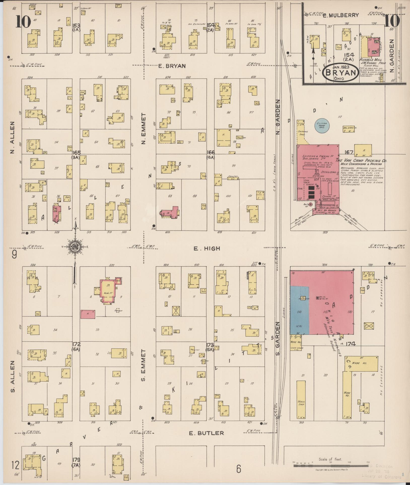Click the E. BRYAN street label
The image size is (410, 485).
point(172,66)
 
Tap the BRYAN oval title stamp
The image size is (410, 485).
point(340,72)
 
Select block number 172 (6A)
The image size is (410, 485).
point(76,346)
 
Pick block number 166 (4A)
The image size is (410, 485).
point(211,155)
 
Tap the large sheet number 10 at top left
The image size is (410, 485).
point(23,22)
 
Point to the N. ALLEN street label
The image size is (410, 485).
point(13,137)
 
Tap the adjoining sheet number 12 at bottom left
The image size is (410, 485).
point(15,465)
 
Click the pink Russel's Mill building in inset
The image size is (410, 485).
point(371,47)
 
